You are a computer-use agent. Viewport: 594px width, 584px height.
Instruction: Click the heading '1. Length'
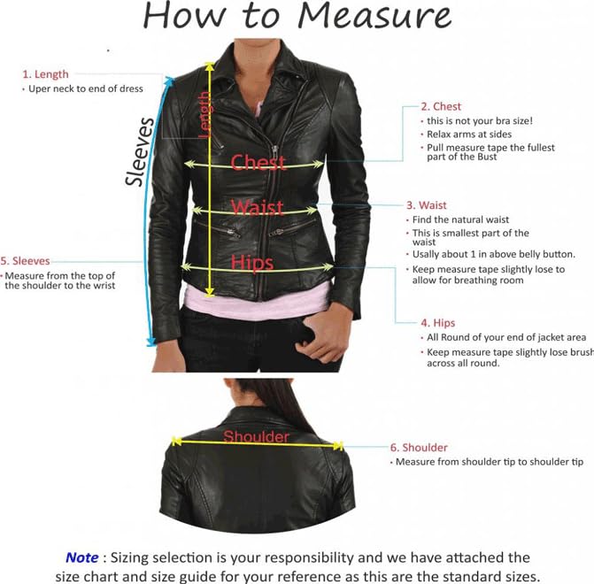coord(45,74)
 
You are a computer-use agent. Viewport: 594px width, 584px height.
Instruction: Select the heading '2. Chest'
coord(441,106)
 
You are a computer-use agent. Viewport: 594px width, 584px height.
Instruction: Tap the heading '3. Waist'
coord(427,205)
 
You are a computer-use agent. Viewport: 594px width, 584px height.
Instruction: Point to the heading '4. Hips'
coord(438,323)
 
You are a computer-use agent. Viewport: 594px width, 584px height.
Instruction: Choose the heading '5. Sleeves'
coord(26,261)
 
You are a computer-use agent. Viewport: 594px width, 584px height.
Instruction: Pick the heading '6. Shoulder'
coord(419,448)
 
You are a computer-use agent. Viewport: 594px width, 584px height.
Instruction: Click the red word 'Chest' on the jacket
coord(258,163)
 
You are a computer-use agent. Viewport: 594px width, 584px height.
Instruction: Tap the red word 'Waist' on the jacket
coord(257,208)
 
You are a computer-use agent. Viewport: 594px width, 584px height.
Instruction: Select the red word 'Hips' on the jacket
coord(251,262)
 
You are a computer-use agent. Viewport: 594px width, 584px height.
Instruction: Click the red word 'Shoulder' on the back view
coord(256,436)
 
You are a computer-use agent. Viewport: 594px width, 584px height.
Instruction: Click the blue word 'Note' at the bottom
coord(82,557)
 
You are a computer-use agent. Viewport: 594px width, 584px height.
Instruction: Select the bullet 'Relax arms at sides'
coord(464,134)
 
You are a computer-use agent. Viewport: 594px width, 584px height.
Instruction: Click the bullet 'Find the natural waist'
coord(473,219)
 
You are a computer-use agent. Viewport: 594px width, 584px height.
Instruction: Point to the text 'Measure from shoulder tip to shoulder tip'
coord(489,462)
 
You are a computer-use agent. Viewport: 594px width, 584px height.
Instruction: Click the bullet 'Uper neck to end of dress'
coord(86,88)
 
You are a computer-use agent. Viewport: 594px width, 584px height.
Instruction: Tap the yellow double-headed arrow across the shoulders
coord(257,444)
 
